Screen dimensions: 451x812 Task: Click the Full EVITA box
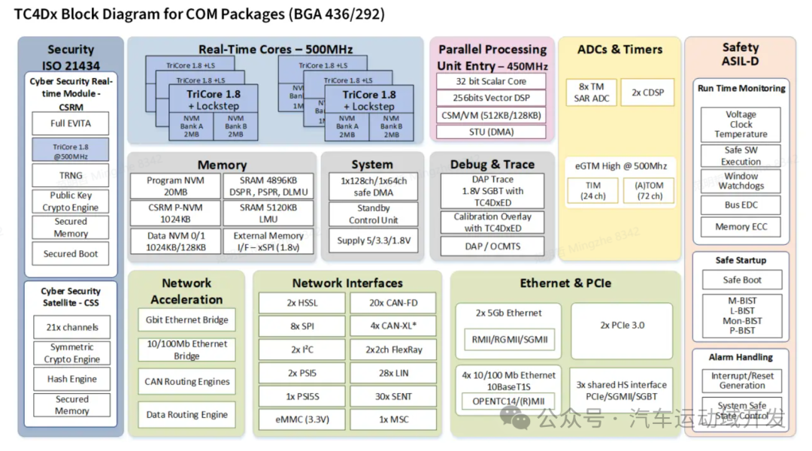tap(70, 123)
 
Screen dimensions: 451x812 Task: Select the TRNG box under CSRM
tap(70, 175)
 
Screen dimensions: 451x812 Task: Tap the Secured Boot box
tap(70, 254)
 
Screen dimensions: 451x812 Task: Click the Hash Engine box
tap(71, 379)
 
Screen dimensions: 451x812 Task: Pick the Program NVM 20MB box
tap(175, 186)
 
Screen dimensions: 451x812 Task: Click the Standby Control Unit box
tap(373, 214)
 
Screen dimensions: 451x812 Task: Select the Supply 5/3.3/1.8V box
tap(373, 241)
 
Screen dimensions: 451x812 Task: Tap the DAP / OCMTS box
tap(492, 246)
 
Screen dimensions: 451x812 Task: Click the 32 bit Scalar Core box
tap(492, 81)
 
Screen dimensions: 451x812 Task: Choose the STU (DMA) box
tap(492, 132)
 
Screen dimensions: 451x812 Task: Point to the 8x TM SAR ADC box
tap(592, 92)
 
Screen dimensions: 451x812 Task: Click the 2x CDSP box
tap(647, 92)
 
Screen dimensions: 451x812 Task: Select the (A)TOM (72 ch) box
tap(650, 190)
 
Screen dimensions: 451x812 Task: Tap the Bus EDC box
tap(741, 204)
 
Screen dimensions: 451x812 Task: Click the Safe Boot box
tap(741, 280)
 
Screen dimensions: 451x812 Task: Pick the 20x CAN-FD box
tap(392, 303)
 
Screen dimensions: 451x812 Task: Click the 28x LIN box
tap(392, 373)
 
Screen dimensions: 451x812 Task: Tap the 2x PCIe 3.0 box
tap(622, 325)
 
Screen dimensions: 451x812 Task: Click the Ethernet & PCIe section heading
tap(565, 283)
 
